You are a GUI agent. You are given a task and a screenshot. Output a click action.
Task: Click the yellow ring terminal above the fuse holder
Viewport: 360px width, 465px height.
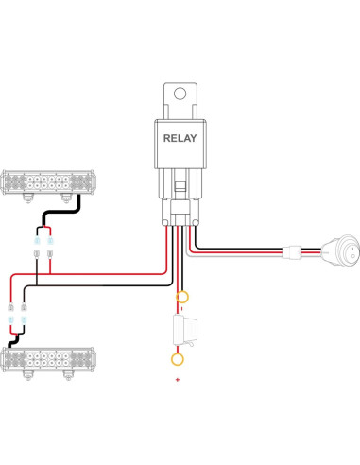pyautogui.click(x=183, y=298)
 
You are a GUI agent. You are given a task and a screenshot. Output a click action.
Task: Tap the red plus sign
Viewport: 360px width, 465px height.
pyautogui.click(x=178, y=379)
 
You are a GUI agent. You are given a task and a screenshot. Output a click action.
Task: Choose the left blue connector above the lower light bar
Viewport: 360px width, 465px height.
pyautogui.click(x=11, y=321)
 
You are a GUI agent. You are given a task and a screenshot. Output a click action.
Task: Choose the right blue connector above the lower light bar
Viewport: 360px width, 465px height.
pyautogui.click(x=24, y=321)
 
